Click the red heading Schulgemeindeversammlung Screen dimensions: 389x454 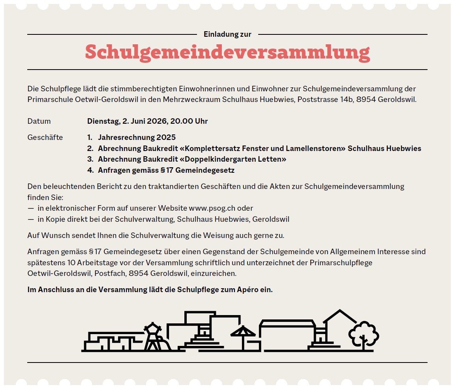(x=227, y=52)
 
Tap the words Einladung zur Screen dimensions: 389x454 (x=227, y=34)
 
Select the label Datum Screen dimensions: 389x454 (x=39, y=121)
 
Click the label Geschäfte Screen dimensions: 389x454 (x=45, y=138)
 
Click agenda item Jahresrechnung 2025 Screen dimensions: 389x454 (x=137, y=138)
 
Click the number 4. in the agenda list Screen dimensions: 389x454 (x=90, y=170)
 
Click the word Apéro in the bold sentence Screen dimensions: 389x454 (x=248, y=290)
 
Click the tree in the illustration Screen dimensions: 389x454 (x=364, y=335)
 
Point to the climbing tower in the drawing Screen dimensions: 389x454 (x=152, y=337)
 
